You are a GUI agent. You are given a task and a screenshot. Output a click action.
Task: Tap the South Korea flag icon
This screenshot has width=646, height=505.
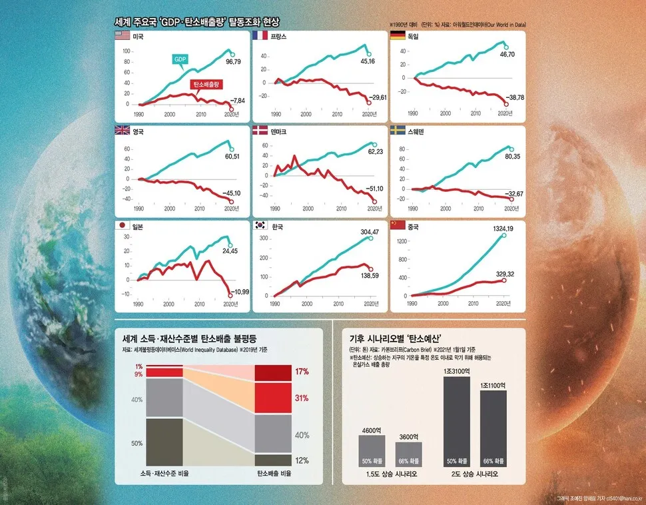tap(260, 227)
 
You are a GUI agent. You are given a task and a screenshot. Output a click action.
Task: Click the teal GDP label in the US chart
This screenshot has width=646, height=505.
tap(180, 60)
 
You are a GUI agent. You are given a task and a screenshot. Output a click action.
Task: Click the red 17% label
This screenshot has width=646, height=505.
tap(302, 372)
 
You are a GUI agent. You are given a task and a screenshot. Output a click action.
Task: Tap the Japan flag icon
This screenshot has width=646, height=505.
tap(123, 227)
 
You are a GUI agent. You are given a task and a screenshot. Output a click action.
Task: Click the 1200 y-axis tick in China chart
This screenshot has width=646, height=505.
tap(402, 241)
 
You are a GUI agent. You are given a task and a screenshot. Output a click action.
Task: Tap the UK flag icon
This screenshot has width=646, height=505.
tap(123, 132)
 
